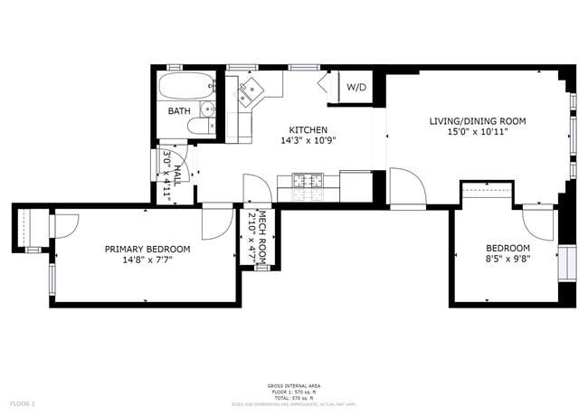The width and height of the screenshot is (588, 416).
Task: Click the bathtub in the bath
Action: click(x=185, y=88)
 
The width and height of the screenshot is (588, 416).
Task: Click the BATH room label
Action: click(x=178, y=111)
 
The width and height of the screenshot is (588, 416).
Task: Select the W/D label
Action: click(x=356, y=88)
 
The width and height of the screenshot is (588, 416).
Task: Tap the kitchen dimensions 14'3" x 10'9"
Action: click(x=308, y=141)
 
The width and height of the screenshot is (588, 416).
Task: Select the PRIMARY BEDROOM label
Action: click(x=147, y=250)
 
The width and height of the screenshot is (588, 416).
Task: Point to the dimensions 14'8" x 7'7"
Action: click(x=147, y=260)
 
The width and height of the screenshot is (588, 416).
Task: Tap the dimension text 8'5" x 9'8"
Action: click(x=507, y=259)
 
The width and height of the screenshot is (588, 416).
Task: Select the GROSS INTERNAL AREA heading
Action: click(x=294, y=386)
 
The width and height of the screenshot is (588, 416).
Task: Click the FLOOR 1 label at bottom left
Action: click(x=22, y=402)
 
